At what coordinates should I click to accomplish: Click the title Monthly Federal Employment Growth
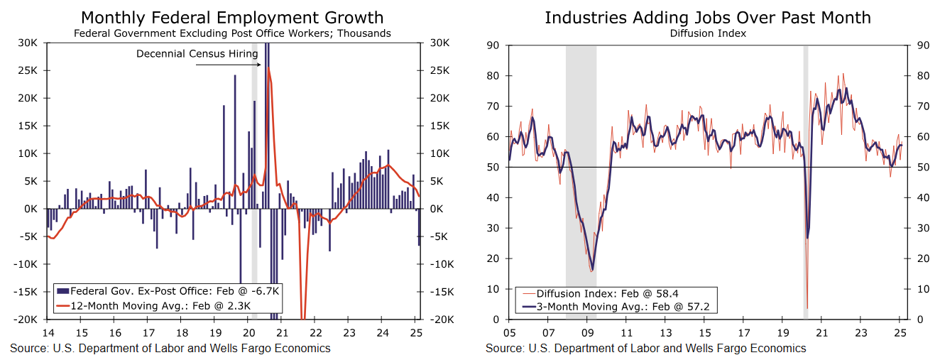pos(231,18)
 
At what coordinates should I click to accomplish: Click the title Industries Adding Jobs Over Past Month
pos(708,18)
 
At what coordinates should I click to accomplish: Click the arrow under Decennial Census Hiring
pos(227,65)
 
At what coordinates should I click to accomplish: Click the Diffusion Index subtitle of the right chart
pos(708,33)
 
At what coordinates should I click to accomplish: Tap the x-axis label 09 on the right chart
pos(587,333)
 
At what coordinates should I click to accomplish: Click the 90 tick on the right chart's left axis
pos(494,45)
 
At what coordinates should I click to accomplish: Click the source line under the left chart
pos(170,348)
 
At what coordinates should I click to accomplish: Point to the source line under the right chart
pos(646,348)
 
